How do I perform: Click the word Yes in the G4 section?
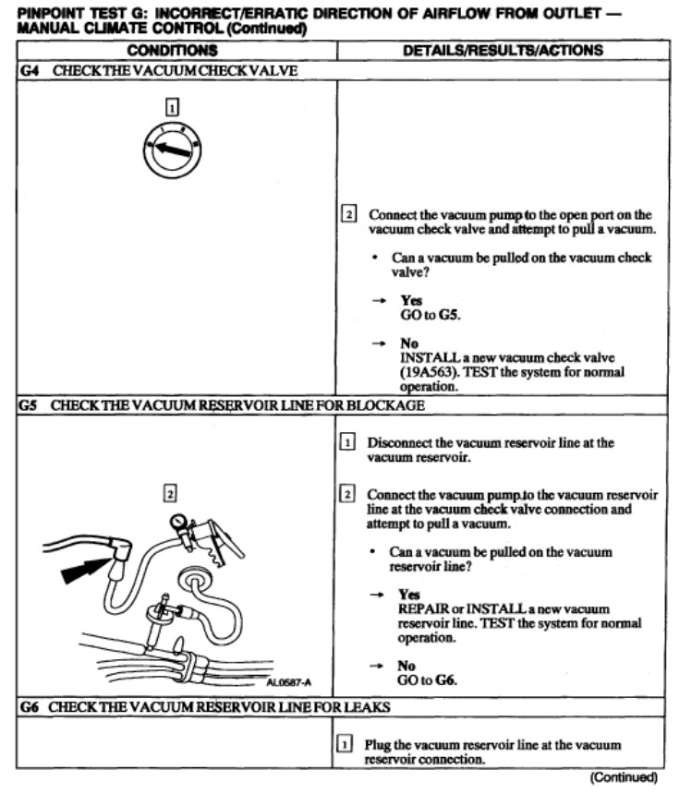pos(411,300)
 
